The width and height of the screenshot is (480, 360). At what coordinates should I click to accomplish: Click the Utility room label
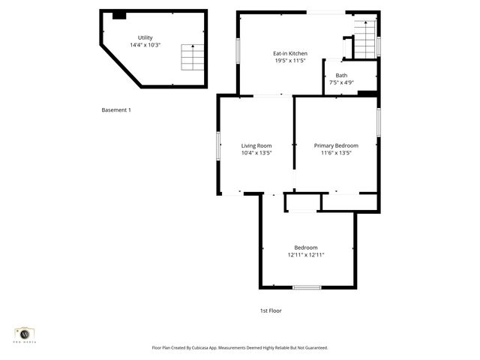point(144,37)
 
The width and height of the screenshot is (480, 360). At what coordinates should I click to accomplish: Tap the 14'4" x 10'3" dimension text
point(144,45)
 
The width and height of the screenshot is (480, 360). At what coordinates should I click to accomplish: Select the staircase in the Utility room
point(192,57)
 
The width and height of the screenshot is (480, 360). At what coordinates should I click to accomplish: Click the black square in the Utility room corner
point(118,15)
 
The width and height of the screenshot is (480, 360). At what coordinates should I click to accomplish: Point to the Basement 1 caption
point(116,110)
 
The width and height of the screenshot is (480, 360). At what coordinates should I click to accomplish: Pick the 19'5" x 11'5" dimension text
point(289,61)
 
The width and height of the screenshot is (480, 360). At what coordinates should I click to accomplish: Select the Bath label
point(341,75)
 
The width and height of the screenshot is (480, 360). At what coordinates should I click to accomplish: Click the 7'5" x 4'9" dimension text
point(341,82)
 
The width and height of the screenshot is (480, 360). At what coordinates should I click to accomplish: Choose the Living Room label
point(256,145)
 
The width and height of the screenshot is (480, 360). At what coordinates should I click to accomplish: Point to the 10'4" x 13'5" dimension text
point(256,153)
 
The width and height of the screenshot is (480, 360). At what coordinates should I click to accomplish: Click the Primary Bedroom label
point(336,145)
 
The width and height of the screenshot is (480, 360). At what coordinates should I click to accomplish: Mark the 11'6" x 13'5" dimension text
point(336,153)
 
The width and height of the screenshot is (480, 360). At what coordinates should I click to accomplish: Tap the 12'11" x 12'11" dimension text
point(306,255)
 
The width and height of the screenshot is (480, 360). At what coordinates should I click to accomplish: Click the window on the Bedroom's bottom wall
point(307,287)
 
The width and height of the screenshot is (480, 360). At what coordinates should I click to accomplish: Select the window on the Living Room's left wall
point(219,145)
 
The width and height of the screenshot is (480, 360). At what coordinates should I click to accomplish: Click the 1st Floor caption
point(271,310)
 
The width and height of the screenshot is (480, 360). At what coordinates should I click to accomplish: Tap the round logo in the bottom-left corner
point(25,334)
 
